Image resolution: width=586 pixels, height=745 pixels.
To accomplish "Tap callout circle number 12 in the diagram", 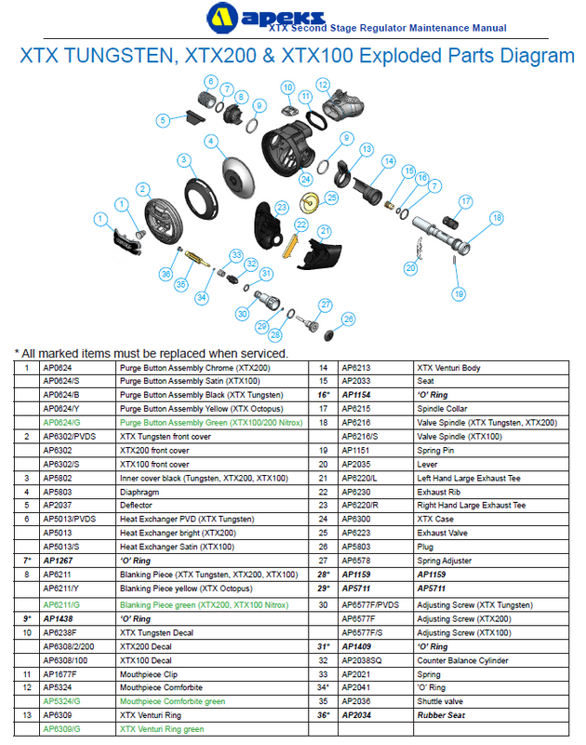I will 322,85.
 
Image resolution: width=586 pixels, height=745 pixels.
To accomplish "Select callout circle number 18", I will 496,218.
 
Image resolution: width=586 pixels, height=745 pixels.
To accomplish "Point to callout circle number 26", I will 349,319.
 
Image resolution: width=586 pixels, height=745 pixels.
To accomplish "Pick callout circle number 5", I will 163,119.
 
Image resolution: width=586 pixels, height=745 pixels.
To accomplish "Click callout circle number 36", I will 166,274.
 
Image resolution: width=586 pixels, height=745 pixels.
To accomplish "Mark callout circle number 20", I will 410,268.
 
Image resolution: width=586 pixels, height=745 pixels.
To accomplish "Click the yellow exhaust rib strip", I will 289,245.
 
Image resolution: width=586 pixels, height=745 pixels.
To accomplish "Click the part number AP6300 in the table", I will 356,519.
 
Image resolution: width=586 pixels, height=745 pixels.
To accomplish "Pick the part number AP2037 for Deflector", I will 57,506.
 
